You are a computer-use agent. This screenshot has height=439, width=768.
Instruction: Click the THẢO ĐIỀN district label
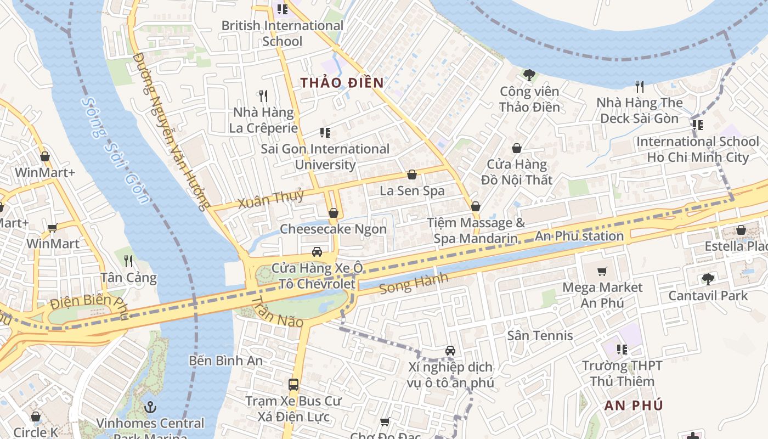coord(342,83)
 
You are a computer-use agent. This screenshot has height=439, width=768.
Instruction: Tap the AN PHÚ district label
coord(634,406)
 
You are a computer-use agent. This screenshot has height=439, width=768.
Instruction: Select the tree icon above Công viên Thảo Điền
coord(529,75)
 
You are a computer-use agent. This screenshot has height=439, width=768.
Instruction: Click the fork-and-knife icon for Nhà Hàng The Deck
coord(639,86)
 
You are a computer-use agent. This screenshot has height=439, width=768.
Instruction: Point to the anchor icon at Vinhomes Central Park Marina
coord(150,407)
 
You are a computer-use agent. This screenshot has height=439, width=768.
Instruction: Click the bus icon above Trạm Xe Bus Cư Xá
coord(293,385)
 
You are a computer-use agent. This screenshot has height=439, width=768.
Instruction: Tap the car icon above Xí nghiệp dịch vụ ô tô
coord(450,351)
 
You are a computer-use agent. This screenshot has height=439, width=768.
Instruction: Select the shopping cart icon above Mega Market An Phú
coord(602,271)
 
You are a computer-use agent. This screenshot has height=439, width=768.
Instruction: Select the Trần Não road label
coord(277,312)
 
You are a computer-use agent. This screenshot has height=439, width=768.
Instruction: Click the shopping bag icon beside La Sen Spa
coord(412,175)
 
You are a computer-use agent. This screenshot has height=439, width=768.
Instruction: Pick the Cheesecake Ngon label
coord(333,229)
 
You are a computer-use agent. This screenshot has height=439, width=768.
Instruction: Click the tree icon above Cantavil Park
coord(708,279)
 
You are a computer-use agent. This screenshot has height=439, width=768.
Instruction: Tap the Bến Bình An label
coord(225,361)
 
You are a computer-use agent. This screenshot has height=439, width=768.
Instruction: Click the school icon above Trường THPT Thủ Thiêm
coord(622,349)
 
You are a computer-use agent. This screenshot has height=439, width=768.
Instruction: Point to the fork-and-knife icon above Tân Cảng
coord(128,261)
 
